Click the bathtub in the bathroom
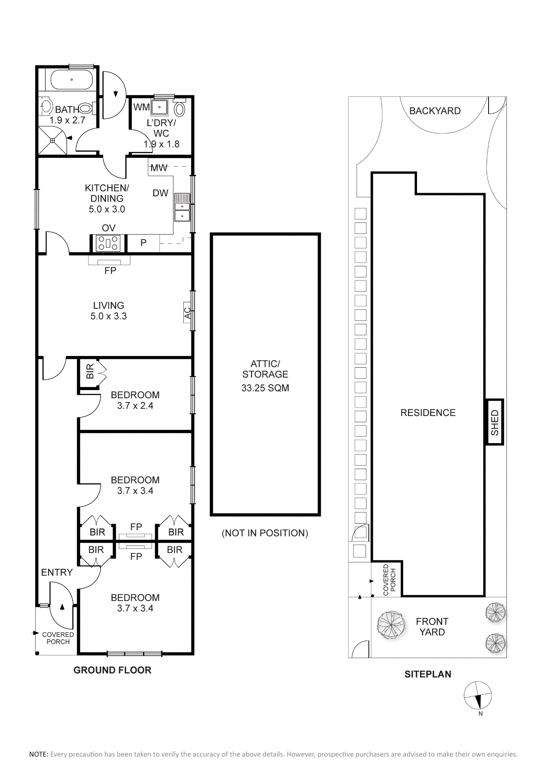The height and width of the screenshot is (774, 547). click(72, 80)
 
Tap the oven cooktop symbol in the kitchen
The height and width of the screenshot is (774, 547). click(109, 243)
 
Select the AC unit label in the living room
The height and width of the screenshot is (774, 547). click(188, 313)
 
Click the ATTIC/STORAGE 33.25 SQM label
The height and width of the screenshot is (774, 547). click(265, 376)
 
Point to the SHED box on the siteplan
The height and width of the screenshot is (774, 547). click(494, 422)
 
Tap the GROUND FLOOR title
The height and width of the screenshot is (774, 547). click(112, 670)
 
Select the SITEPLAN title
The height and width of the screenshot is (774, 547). click(428, 674)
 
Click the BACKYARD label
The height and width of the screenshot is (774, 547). click(435, 111)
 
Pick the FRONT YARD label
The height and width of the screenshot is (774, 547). click(432, 627)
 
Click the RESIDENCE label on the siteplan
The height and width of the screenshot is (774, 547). click(428, 413)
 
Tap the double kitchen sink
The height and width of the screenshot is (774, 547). click(182, 207)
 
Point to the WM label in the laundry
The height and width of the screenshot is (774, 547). click(142, 107)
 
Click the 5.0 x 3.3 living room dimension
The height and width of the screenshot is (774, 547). click(109, 316)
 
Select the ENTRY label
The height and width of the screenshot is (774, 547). click(57, 572)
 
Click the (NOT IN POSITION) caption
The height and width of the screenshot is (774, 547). click(265, 533)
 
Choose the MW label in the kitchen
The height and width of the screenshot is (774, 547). click(159, 168)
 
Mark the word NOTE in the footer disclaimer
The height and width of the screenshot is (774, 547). click(38, 754)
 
